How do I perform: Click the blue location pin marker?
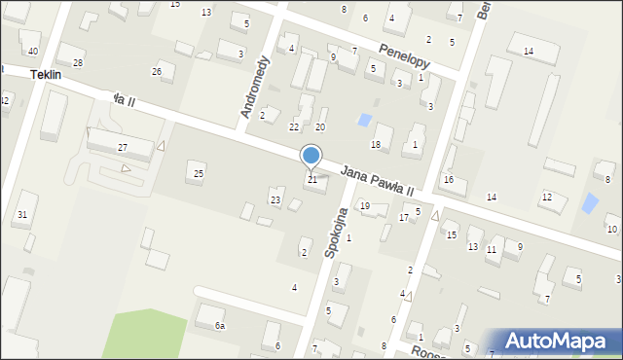(311, 156)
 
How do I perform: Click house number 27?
(123, 148)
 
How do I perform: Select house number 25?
(199, 173)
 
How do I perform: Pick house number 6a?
(220, 326)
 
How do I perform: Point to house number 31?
(22, 214)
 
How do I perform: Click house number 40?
(33, 51)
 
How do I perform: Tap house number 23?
(275, 200)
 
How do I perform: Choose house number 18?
(376, 144)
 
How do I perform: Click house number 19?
(365, 205)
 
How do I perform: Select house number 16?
(449, 179)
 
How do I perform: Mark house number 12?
(546, 198)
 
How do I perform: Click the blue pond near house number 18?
(364, 120)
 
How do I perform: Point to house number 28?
(78, 62)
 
